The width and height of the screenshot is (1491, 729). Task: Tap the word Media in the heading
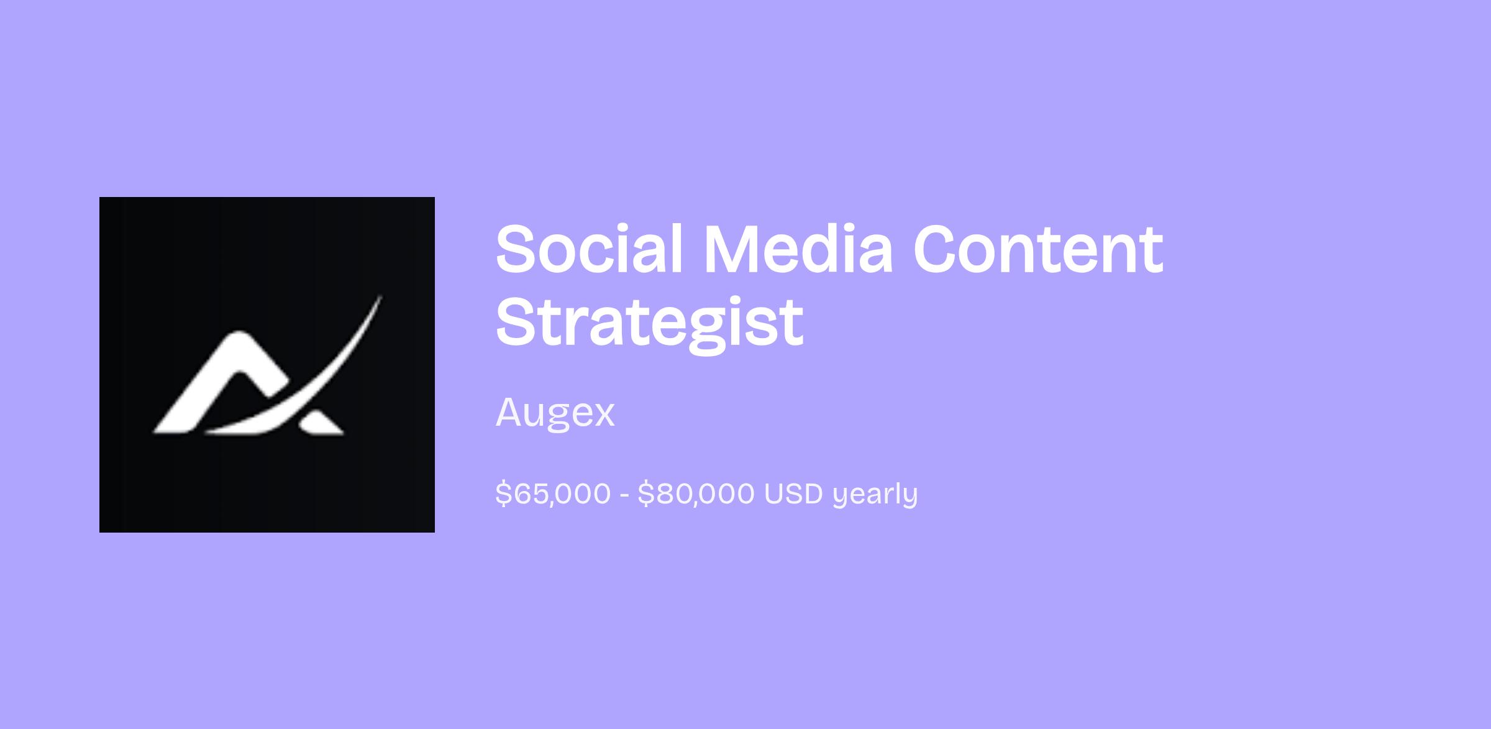tap(798, 248)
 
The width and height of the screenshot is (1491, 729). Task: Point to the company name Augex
tap(555, 412)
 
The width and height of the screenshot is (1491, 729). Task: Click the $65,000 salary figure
tap(554, 494)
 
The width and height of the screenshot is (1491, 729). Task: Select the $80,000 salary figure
tap(696, 494)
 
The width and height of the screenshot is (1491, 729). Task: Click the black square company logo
tap(267, 365)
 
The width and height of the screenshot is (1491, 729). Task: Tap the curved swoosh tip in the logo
tap(380, 296)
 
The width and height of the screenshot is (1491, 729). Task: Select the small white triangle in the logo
tap(319, 423)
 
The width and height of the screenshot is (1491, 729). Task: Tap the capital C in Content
tap(939, 249)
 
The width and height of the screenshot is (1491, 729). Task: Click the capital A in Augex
tap(511, 411)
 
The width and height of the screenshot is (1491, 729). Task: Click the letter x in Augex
tap(603, 416)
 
